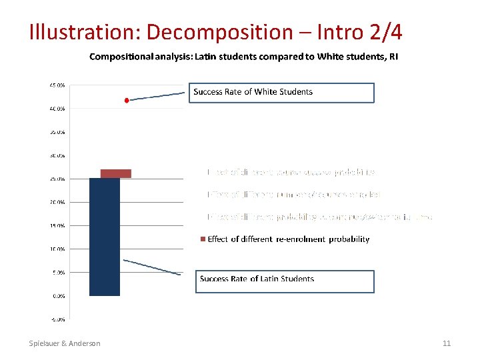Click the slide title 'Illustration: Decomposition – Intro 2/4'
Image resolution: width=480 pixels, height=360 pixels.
(x=215, y=31)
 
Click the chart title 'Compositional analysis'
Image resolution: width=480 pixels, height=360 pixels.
(x=244, y=57)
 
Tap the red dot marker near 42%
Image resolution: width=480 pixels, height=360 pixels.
(x=127, y=100)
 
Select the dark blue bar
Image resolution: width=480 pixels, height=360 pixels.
(x=105, y=237)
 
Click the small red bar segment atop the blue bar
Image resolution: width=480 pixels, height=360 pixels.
(x=115, y=173)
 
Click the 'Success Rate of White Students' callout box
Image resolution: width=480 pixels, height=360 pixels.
(x=283, y=93)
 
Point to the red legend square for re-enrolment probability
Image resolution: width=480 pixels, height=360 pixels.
(x=203, y=239)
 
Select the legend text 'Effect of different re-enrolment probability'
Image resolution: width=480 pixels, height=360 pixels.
(x=288, y=239)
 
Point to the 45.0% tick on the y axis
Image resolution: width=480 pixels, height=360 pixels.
(x=57, y=85)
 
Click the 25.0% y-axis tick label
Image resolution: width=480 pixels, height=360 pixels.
(x=57, y=179)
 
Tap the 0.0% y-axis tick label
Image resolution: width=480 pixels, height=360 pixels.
(x=58, y=295)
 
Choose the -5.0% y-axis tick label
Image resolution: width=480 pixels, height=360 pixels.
(x=57, y=319)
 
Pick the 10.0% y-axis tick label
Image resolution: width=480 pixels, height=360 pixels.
(x=57, y=249)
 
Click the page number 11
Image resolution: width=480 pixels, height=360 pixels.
(x=447, y=343)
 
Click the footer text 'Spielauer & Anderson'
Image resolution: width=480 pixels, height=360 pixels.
(x=65, y=343)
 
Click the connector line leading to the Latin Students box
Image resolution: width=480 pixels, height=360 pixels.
(x=152, y=267)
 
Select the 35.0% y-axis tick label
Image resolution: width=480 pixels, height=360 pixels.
(x=57, y=132)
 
